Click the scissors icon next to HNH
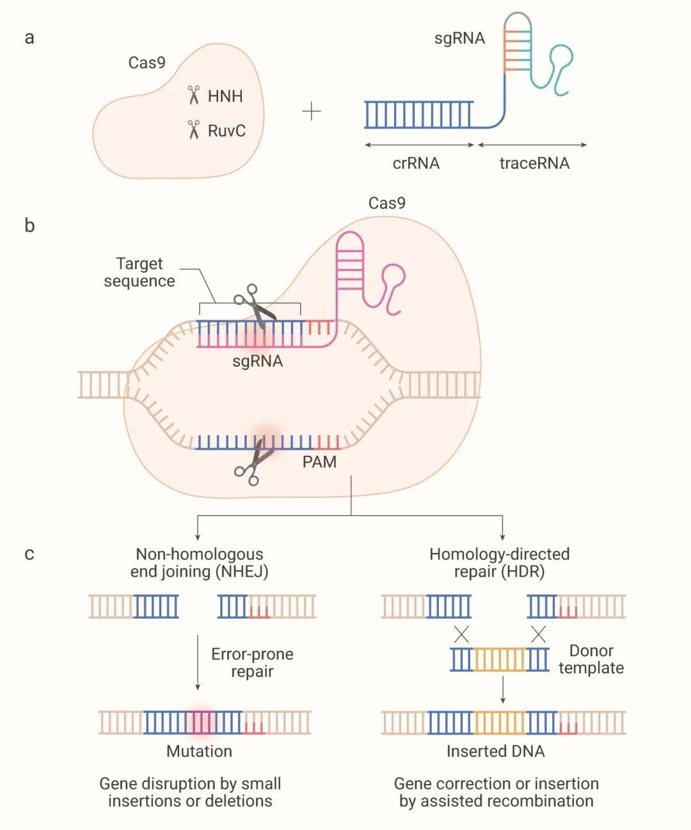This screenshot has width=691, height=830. (x=194, y=96)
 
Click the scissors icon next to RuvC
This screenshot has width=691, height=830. (x=194, y=130)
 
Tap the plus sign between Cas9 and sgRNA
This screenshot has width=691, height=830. (x=312, y=113)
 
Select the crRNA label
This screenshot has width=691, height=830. (x=416, y=163)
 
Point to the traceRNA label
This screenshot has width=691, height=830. (x=534, y=163)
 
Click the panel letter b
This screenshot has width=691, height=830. (x=29, y=225)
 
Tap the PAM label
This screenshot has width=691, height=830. (x=319, y=461)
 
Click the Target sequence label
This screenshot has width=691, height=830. (x=139, y=273)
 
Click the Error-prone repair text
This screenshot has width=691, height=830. (x=252, y=662)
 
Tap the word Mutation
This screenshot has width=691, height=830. (x=199, y=751)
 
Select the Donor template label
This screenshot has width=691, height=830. (x=591, y=659)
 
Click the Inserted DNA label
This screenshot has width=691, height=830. (x=495, y=751)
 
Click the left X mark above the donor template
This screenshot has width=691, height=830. (x=461, y=634)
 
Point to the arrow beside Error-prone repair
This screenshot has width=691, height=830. (x=198, y=662)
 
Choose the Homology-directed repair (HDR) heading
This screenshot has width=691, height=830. (x=499, y=563)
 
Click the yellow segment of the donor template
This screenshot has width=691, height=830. (x=500, y=659)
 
